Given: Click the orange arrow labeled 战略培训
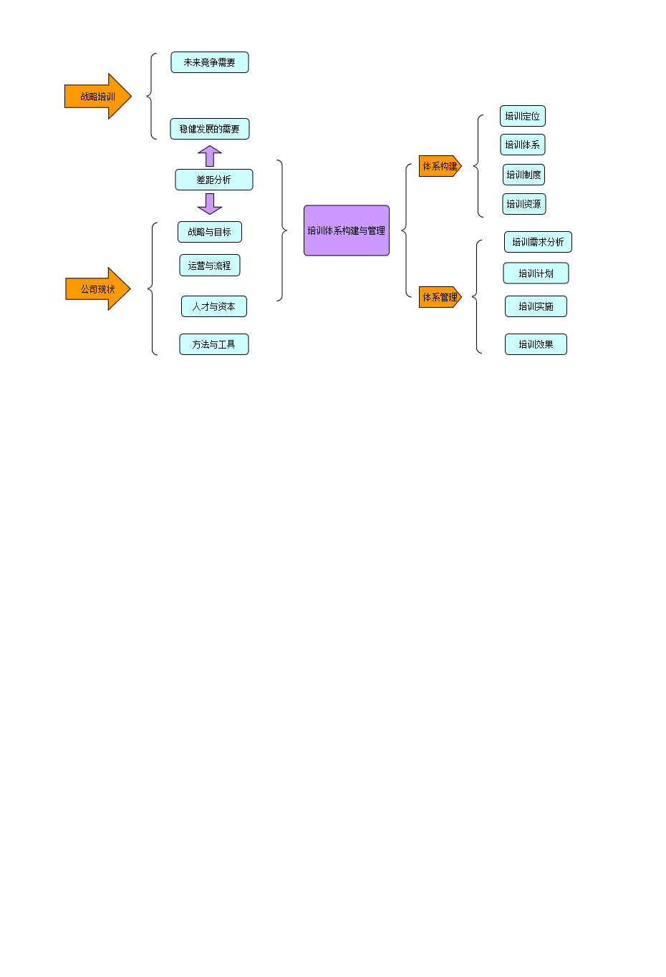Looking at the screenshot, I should pyautogui.click(x=97, y=97).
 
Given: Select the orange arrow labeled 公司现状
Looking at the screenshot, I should pyautogui.click(x=97, y=289).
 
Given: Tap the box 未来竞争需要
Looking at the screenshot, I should pyautogui.click(x=210, y=62).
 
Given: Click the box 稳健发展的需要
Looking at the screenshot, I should pyautogui.click(x=210, y=129).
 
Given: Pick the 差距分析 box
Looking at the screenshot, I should pyautogui.click(x=214, y=180).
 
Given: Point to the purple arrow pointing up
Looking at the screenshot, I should pyautogui.click(x=210, y=155).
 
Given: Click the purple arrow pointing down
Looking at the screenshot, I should pyautogui.click(x=210, y=204).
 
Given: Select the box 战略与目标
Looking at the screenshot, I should pyautogui.click(x=210, y=232).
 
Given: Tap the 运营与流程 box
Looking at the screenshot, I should pyautogui.click(x=210, y=266).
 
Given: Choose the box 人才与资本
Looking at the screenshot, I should pyautogui.click(x=214, y=306).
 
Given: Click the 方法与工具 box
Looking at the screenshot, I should pyautogui.click(x=214, y=344).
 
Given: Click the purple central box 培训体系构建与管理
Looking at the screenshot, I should pyautogui.click(x=347, y=230).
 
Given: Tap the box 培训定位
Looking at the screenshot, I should pyautogui.click(x=523, y=116).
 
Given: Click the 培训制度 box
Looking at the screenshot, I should pyautogui.click(x=523, y=175).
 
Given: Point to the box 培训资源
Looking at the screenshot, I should pyautogui.click(x=524, y=204).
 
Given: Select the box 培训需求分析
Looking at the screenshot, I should pyautogui.click(x=538, y=242).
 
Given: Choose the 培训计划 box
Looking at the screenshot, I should pyautogui.click(x=536, y=273).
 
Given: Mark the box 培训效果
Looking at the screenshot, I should pyautogui.click(x=536, y=344).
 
